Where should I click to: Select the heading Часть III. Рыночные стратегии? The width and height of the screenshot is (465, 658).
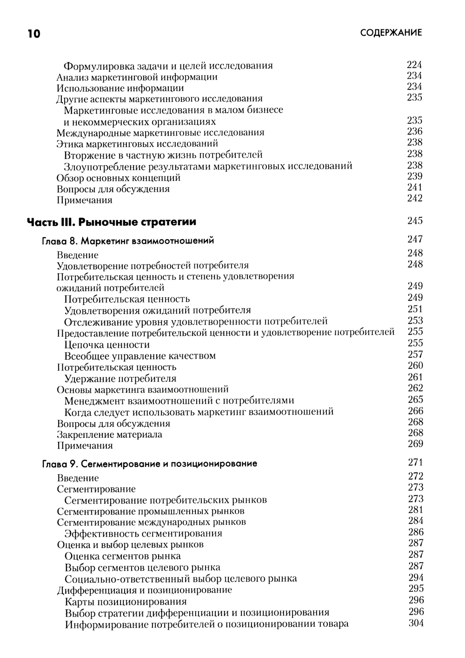point(112,222)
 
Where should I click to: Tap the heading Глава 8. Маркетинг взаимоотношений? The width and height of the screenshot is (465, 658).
point(128,241)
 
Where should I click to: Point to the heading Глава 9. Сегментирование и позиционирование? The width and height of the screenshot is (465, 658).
point(149,463)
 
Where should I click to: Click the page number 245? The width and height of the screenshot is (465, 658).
point(415,221)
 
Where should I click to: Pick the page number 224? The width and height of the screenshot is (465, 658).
point(414,65)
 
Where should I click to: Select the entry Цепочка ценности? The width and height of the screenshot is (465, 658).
point(107,345)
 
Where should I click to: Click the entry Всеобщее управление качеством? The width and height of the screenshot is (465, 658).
point(140,356)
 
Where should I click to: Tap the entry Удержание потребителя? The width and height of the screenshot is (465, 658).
point(120,378)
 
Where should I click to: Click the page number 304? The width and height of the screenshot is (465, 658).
point(416,623)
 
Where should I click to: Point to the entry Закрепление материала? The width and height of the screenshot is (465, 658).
point(109,435)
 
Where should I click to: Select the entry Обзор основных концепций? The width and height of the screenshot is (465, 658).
point(119,178)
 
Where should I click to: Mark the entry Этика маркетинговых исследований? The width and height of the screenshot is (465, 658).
point(137,144)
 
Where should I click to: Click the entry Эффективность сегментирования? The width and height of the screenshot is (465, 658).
point(143,533)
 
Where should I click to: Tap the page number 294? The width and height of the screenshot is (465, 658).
point(416,577)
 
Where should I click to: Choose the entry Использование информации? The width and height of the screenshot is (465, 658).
point(120,88)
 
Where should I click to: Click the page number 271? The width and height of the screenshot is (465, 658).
point(415,462)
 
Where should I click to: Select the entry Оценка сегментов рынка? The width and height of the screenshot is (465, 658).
point(123,556)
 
